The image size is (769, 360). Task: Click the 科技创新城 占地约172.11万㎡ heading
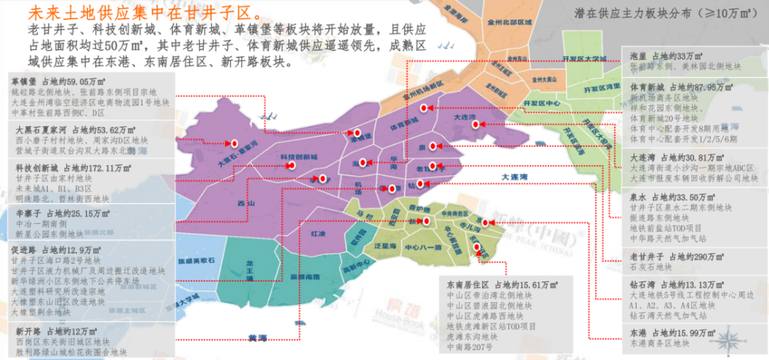pyautogui.click(x=68, y=167)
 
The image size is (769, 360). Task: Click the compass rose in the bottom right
pyautogui.click(x=727, y=336)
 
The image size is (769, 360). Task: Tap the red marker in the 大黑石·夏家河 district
pyautogui.click(x=229, y=142)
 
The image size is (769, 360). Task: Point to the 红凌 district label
pyautogui.click(x=316, y=232)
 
